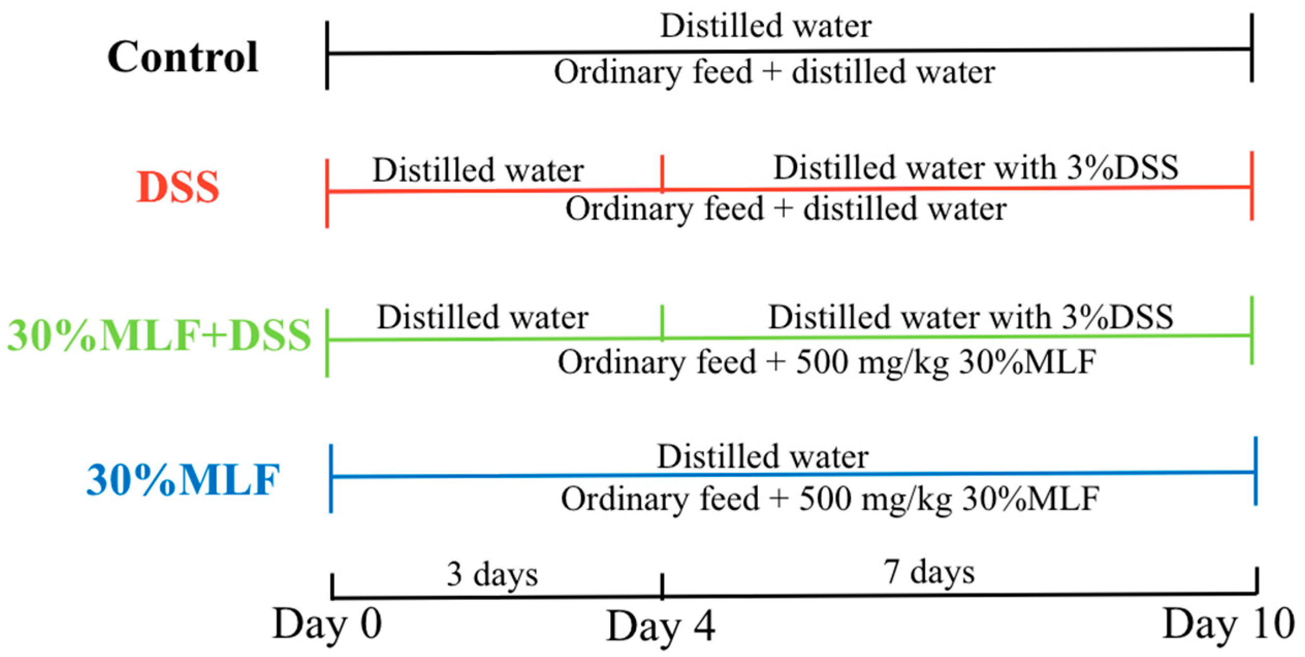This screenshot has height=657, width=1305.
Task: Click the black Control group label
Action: click(x=183, y=57)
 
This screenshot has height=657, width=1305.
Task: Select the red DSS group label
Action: click(x=178, y=187)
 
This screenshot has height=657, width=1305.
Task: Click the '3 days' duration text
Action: click(x=492, y=574)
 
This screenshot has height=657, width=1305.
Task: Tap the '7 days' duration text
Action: click(x=930, y=572)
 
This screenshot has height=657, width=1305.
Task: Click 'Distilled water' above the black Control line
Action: click(x=766, y=26)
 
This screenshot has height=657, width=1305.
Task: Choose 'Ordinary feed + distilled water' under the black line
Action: click(x=774, y=72)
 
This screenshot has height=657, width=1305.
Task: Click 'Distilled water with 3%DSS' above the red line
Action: click(x=976, y=168)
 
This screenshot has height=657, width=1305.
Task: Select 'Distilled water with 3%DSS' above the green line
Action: click(x=970, y=317)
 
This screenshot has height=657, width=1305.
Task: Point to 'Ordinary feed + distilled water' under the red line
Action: click(x=786, y=210)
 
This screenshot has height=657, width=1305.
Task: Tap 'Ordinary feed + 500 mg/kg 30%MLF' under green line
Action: click(x=827, y=362)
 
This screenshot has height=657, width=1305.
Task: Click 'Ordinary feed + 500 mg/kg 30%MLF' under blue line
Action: click(x=830, y=500)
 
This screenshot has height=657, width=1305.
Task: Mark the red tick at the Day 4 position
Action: click(x=662, y=173)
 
